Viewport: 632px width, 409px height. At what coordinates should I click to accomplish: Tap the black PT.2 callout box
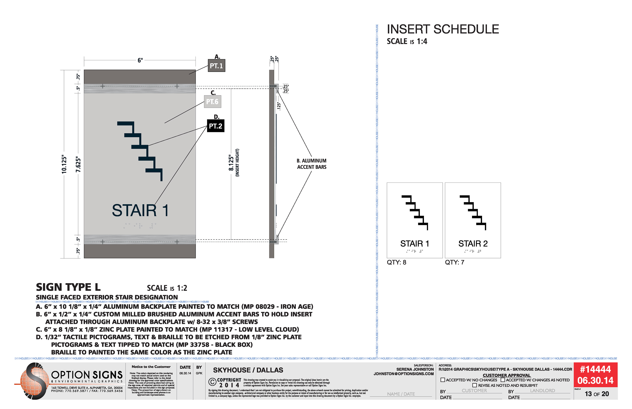point(215,126)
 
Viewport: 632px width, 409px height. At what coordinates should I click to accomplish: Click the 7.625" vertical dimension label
point(78,164)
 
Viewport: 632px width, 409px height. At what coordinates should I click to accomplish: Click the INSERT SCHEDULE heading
point(443,29)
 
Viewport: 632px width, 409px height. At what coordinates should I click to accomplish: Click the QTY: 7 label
point(454,262)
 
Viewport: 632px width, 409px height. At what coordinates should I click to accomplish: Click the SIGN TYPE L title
point(68,287)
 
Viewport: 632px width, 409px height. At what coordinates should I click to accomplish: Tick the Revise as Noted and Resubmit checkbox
point(474,385)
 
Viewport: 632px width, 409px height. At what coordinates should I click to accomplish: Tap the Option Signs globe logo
point(33,381)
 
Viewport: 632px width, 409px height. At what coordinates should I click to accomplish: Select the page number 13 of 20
point(597,394)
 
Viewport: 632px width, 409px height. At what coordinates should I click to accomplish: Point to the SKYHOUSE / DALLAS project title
point(248,370)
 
